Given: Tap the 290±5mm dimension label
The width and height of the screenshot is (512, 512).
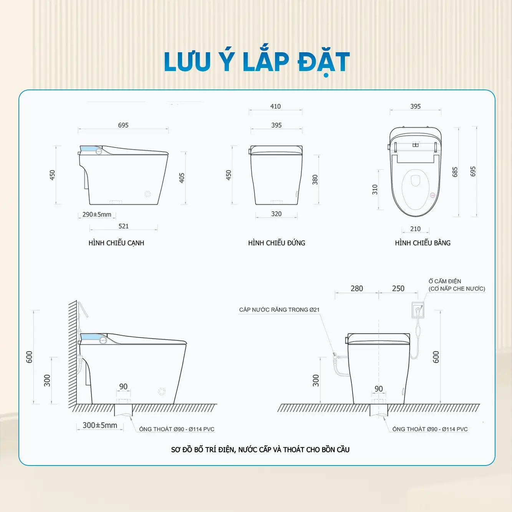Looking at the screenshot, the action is [x=97, y=214].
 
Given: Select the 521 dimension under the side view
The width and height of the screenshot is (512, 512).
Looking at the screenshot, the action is [x=124, y=226].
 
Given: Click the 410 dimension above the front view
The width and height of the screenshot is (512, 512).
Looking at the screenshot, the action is [x=275, y=106].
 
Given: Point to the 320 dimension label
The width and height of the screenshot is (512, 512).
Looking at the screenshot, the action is [x=276, y=214].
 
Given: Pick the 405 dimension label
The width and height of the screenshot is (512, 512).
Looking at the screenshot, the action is [x=182, y=178].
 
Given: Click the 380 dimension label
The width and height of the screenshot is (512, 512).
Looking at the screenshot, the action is [x=315, y=180].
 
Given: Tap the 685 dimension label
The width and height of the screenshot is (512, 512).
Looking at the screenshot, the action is [x=455, y=172].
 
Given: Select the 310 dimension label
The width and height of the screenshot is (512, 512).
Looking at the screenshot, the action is [x=375, y=190].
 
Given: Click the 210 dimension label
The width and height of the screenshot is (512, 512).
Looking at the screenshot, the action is [x=415, y=229].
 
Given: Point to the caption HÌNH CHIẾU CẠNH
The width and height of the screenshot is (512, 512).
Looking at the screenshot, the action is [x=116, y=243].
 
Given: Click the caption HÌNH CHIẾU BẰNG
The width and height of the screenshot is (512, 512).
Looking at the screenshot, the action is [x=423, y=243].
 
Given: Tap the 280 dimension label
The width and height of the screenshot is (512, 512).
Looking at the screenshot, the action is [x=356, y=288].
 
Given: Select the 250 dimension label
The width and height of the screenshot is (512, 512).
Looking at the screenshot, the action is [x=398, y=288].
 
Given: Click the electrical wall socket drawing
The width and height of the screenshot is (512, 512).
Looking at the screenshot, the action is [x=418, y=310].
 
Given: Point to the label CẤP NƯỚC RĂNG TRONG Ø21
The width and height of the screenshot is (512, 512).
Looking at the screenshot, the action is [x=279, y=310].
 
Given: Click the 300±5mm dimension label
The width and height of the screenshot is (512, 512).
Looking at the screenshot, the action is [x=100, y=425].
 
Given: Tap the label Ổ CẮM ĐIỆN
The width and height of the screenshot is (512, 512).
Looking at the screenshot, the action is [x=445, y=281].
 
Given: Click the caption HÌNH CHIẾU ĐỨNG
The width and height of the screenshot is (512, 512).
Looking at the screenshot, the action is [x=277, y=243].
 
